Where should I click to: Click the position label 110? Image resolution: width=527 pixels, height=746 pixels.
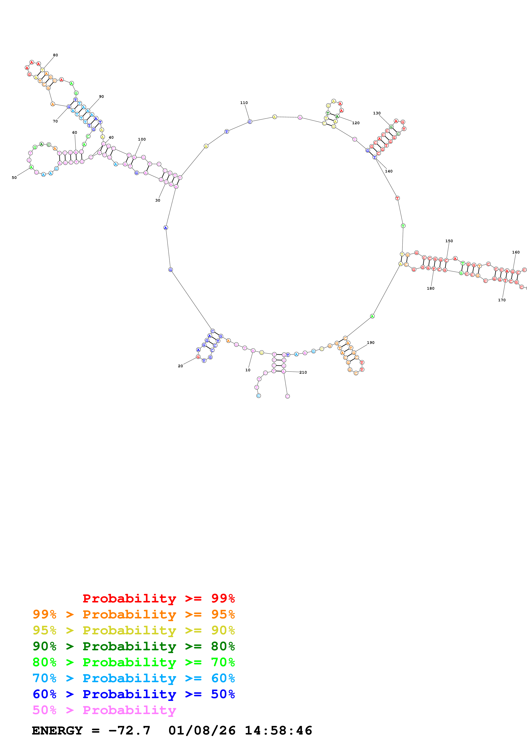click(244, 103)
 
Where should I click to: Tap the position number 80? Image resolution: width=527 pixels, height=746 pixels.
click(55, 55)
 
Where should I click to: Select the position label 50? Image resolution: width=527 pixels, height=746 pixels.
click(14, 178)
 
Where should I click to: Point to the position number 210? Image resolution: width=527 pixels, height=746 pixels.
click(303, 372)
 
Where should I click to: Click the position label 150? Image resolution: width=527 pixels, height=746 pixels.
click(449, 241)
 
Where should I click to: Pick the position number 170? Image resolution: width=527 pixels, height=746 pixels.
click(502, 300)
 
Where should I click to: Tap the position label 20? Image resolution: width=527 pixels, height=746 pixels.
click(180, 366)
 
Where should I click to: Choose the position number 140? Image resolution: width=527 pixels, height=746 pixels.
click(389, 171)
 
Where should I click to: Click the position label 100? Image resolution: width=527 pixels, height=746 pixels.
click(142, 139)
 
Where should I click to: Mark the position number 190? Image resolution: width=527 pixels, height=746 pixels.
click(371, 343)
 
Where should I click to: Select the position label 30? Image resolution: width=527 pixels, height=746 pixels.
click(158, 201)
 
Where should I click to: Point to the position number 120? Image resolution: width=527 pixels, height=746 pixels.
click(356, 123)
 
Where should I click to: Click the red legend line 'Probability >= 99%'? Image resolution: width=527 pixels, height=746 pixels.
click(158, 598)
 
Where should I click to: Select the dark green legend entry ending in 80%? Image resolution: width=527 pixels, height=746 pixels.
click(134, 646)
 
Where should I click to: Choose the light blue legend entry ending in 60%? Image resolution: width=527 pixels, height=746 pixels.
click(134, 678)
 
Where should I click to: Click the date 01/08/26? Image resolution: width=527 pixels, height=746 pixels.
click(202, 730)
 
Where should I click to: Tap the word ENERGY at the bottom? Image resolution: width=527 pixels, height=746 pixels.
click(57, 730)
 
